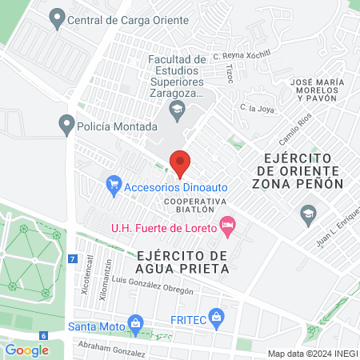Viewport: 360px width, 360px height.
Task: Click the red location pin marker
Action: click(x=180, y=162)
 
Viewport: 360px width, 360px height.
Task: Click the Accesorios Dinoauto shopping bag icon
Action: click(x=114, y=186)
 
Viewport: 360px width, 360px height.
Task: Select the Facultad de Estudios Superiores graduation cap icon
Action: click(x=178, y=109)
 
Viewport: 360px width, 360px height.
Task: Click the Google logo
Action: click(x=27, y=350)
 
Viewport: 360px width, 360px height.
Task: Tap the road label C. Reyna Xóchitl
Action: click(x=242, y=57)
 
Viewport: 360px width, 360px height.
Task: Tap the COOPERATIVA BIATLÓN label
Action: click(x=192, y=206)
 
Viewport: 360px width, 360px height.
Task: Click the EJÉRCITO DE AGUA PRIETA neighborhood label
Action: click(x=183, y=262)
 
